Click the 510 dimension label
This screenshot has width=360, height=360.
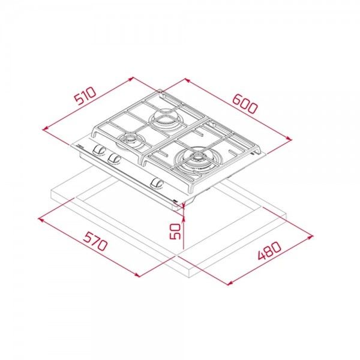tap(85, 95)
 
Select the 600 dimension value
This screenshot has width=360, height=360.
tap(245, 104)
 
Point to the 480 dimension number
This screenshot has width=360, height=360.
tap(269, 250)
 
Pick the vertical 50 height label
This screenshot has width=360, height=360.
tap(175, 231)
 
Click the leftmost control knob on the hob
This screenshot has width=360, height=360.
tap(100, 149)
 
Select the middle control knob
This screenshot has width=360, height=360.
tap(114, 158)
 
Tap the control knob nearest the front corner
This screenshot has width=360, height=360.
tap(157, 184)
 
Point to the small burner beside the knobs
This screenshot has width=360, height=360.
tap(130, 139)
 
